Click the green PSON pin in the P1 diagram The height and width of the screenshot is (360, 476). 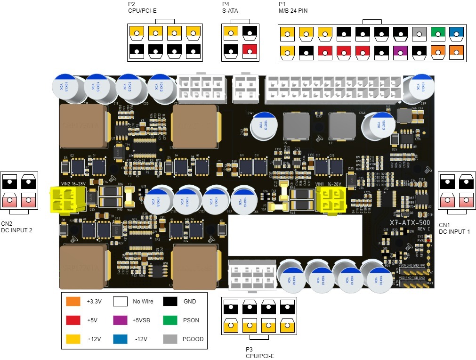tap(438, 33)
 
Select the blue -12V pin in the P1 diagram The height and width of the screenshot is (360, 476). tap(457, 33)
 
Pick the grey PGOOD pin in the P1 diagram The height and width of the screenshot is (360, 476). tap(419, 33)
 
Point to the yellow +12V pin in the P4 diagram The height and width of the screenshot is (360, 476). tap(231, 33)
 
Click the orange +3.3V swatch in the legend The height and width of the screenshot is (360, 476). tap(73, 302)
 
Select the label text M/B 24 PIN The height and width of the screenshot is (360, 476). tap(293, 11)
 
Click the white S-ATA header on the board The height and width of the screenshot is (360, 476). tap(245, 88)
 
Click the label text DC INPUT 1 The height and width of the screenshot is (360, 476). tap(454, 231)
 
